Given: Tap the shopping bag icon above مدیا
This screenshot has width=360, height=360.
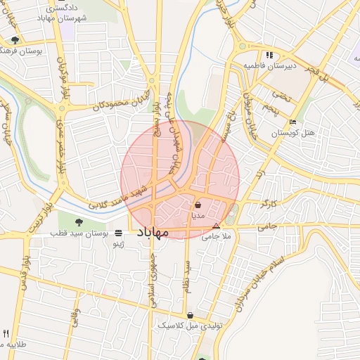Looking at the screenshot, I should (x=198, y=205).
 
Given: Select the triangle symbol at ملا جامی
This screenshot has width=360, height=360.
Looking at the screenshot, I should (x=216, y=226).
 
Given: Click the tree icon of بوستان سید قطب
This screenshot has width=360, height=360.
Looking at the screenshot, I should (x=87, y=223).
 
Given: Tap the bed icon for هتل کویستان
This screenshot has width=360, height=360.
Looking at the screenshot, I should (x=293, y=123).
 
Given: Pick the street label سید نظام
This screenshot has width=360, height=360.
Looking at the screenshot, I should (x=188, y=278).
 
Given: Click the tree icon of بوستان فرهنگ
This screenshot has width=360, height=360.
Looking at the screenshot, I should (x=15, y=40).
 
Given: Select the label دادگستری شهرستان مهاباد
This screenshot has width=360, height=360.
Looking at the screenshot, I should (x=71, y=13).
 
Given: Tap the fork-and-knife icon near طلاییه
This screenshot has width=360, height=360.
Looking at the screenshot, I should (x=6, y=334).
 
